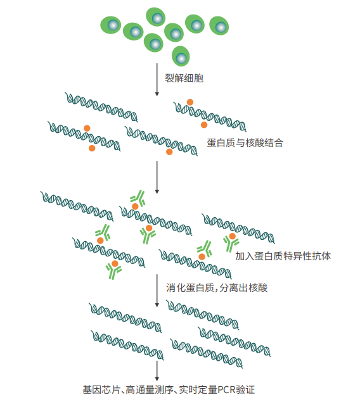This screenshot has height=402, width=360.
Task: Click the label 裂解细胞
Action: pyautogui.click(x=184, y=78)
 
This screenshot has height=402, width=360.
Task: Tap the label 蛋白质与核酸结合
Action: pyautogui.click(x=245, y=142)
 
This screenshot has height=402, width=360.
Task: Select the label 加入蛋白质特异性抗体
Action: pyautogui.click(x=283, y=256)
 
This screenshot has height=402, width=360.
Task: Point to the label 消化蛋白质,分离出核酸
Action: pyautogui.click(x=217, y=287)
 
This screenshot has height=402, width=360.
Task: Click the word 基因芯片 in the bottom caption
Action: pyautogui.click(x=101, y=390)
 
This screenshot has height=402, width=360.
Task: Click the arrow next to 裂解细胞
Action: pyautogui.click(x=157, y=80)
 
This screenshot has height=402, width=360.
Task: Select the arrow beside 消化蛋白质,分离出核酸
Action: pyautogui.click(x=157, y=291)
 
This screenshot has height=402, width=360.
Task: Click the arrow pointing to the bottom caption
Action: pyautogui.click(x=157, y=371)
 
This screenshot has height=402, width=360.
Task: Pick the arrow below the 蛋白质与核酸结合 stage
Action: pyautogui.click(x=157, y=177)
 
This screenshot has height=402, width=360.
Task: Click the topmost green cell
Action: pyautogui.click(x=156, y=17)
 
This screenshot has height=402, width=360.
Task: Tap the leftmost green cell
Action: pyautogui.click(x=110, y=25)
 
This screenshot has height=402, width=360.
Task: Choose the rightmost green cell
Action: pyautogui.click(x=219, y=25)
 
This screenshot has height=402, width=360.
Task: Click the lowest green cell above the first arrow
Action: pyautogui.click(x=181, y=56)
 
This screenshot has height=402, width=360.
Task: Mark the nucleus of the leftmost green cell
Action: pyautogui.click(x=113, y=25)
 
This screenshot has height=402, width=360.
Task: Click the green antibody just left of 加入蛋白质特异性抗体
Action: pyautogui.click(x=231, y=243)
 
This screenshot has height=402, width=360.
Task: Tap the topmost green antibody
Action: pyautogui.click(x=138, y=198)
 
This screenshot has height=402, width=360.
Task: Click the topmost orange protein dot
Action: pyautogui.click(x=190, y=102)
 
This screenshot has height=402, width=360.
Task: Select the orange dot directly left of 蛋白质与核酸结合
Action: pyautogui.click(x=169, y=152)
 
